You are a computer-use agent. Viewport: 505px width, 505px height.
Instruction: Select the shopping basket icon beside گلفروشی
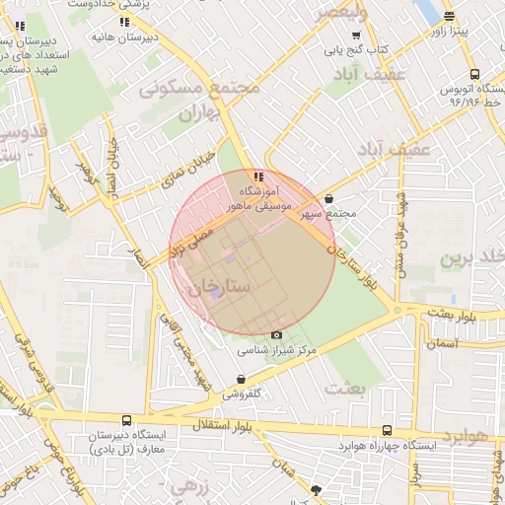(242, 380)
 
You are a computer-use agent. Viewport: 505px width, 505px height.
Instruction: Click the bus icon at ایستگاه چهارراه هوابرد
(388, 431)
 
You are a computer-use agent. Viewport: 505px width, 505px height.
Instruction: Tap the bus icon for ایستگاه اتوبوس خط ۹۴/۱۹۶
(474, 74)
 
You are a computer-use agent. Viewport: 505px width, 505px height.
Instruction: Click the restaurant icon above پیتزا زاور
(450, 16)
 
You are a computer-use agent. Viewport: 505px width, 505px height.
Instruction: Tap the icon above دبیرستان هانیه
(124, 21)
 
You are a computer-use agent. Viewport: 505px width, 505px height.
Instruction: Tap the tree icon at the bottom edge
(316, 490)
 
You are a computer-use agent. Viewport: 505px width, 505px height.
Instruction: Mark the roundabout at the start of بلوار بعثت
(398, 310)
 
